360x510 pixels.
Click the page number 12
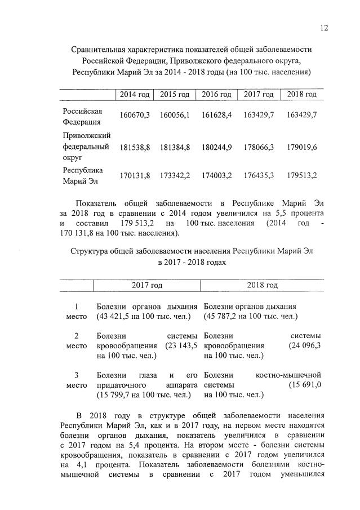click(324, 28)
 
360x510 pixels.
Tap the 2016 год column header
click(217, 94)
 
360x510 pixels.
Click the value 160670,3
click(135, 115)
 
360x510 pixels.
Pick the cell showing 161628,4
click(217, 115)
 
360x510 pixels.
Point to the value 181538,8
click(135, 147)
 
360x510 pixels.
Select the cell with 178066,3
click(259, 147)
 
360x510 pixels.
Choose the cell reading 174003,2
click(217, 175)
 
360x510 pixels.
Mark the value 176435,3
click(259, 175)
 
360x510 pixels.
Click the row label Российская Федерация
click(82, 116)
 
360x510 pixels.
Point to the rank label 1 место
click(76, 311)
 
